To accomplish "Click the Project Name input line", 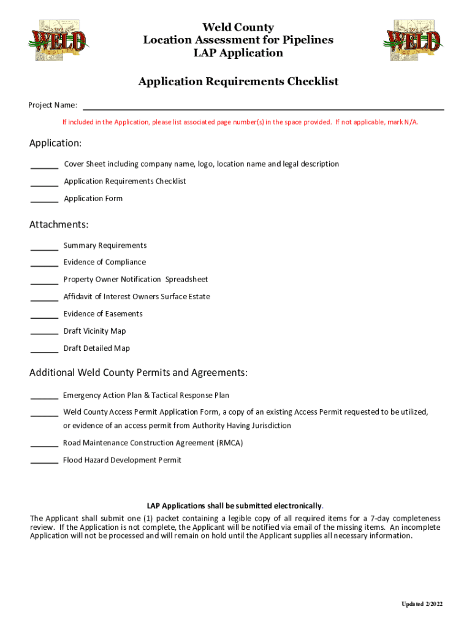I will pos(263,105).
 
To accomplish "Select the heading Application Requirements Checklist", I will pos(238,82).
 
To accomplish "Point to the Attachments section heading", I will pos(59,224).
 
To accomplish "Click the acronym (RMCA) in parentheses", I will pos(229,443).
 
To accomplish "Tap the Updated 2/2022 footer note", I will pos(422,604).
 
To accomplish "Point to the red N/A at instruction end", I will pos(410,122).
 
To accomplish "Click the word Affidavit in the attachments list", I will pos(78,297).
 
